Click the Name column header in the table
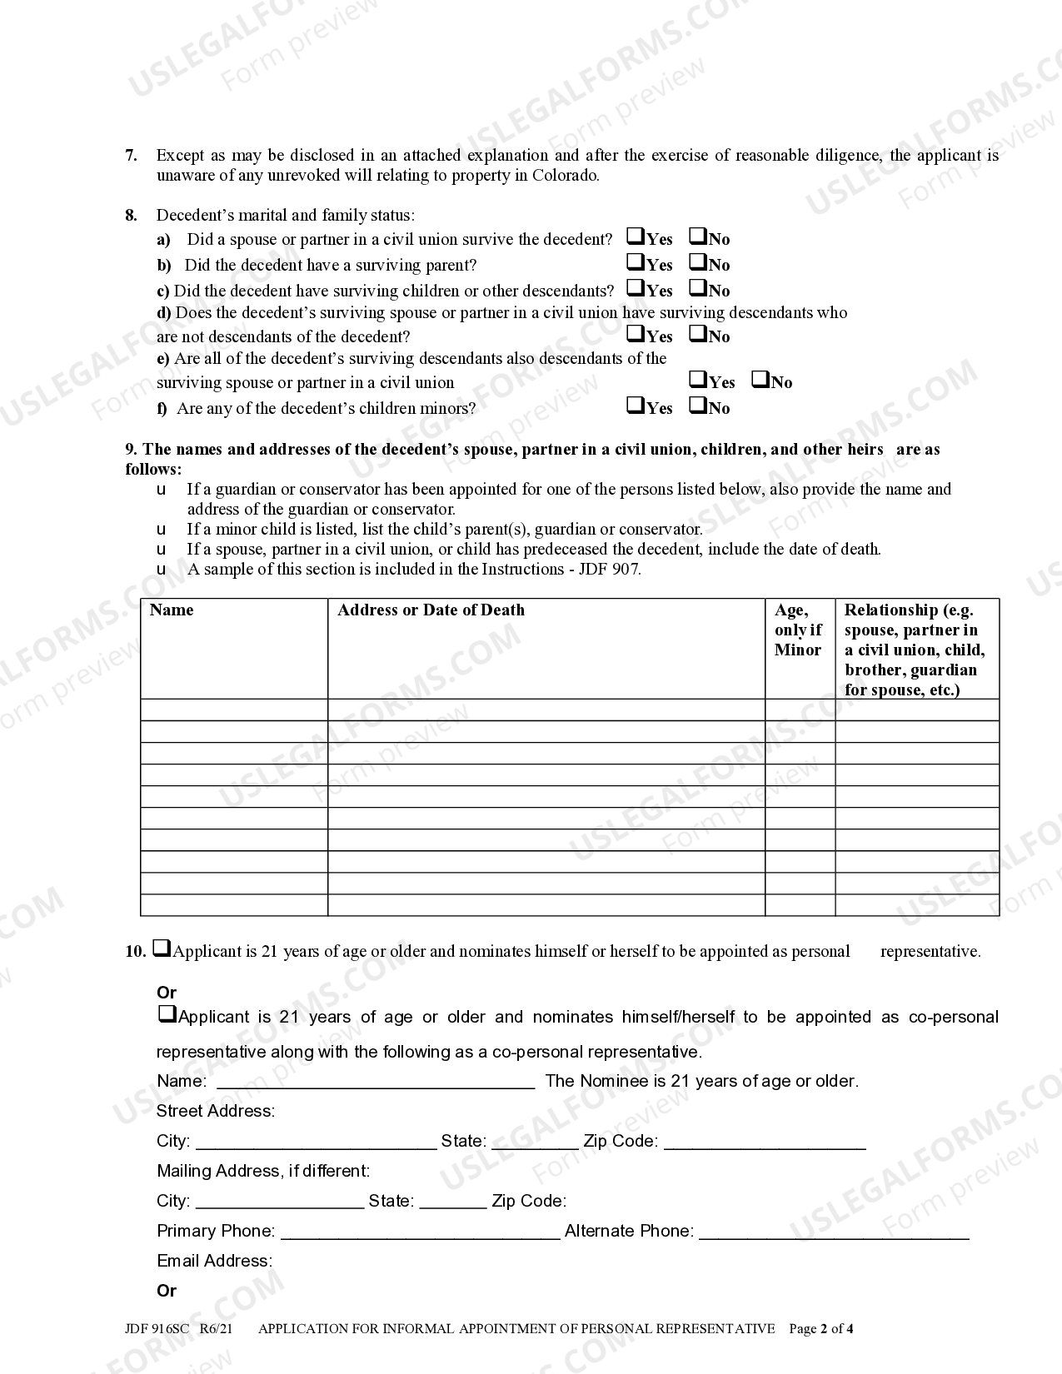[x=172, y=610]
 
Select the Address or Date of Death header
[x=431, y=610]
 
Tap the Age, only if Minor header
[x=798, y=630]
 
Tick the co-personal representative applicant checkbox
[x=167, y=1015]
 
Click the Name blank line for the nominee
[x=375, y=1083]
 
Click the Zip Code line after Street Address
[x=765, y=1143]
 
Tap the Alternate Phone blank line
[x=833, y=1232]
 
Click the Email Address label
[x=214, y=1261]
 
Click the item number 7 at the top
[x=131, y=155]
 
